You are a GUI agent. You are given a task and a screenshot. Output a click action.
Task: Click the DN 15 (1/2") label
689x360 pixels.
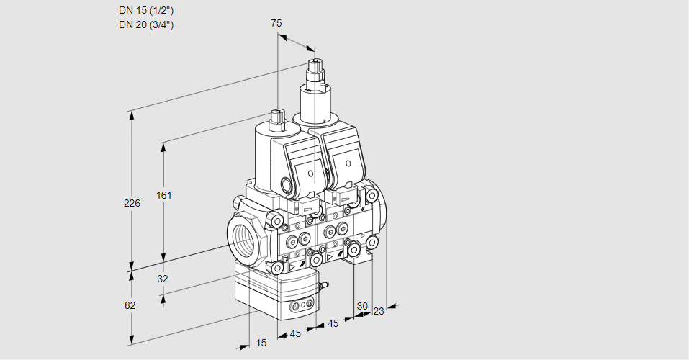[146, 10]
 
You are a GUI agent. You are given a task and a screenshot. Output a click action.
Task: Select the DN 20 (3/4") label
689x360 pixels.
[146, 24]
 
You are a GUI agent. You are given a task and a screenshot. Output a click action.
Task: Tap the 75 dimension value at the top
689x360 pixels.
[276, 23]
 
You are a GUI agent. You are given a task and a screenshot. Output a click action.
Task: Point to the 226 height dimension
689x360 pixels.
[132, 203]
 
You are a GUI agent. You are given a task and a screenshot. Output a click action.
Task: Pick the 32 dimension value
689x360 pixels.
[162, 278]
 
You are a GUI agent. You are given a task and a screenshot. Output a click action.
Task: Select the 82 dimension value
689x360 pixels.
[130, 305]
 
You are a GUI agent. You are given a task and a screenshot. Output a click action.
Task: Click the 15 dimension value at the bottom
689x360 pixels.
[261, 343]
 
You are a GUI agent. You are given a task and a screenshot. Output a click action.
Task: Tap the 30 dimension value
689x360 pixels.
[362, 306]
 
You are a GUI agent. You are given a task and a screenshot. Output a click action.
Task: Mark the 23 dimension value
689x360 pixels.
[379, 311]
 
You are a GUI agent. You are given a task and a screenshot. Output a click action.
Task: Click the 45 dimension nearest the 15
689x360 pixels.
[295, 333]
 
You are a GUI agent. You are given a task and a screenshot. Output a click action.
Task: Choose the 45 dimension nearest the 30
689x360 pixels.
[333, 323]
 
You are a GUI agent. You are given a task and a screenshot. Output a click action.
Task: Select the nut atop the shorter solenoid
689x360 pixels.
[277, 115]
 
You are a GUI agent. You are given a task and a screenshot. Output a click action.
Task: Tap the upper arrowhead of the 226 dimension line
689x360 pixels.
[131, 114]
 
